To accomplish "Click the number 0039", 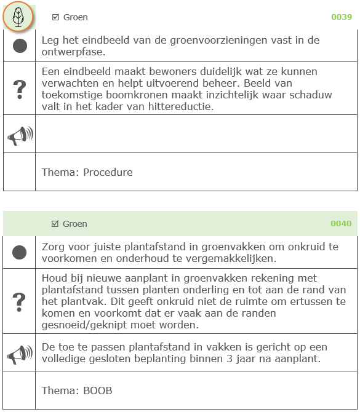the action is coord(342,17).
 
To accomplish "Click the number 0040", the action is coord(342,224).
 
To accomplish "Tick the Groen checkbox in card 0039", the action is coord(55,17).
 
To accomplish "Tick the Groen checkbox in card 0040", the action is coord(55,224).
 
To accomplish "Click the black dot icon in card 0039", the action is coord(20,46).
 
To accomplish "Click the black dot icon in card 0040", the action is coord(20,252).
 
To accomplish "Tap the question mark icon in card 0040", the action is coord(20,301).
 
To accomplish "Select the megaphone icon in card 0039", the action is coord(20,135).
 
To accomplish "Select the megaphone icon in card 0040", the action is coord(20,354).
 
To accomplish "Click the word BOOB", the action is coord(98,390).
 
